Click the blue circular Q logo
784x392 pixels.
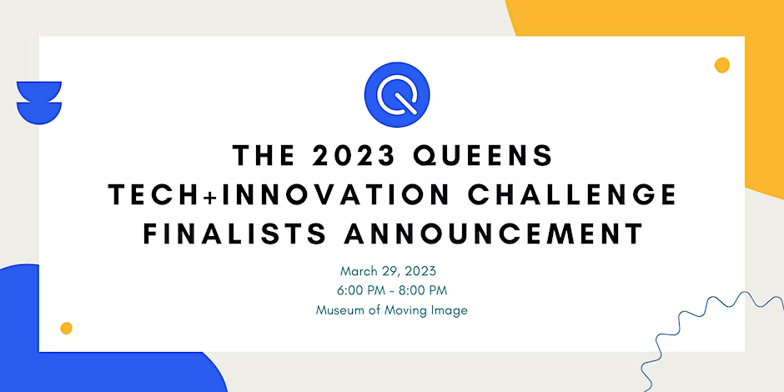point(397,94)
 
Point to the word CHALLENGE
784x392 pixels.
point(572,195)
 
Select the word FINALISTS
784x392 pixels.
point(235,234)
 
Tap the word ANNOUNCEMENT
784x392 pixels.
point(493,234)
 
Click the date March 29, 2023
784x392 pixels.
point(388,272)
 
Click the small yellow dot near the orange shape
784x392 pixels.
point(721,65)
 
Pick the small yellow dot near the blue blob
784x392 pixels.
point(66,328)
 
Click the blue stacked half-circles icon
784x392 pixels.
point(39,103)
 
